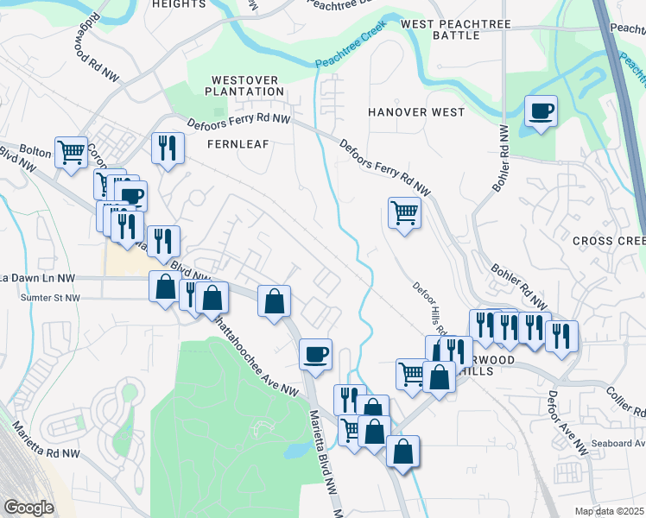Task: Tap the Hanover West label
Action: click(x=416, y=112)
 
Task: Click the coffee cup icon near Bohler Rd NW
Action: click(x=541, y=111)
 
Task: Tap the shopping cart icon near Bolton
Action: click(x=72, y=152)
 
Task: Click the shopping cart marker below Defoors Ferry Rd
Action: click(x=404, y=212)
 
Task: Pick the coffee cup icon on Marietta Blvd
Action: click(x=315, y=352)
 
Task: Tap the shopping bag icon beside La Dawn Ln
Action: click(x=164, y=286)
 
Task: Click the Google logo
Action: click(x=28, y=508)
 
